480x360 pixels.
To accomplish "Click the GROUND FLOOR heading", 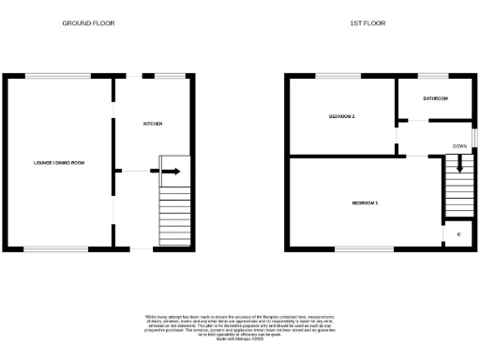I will click(88, 22).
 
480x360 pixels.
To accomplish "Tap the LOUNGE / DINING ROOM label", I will click(60, 163).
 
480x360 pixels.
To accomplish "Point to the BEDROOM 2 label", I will click(341, 116).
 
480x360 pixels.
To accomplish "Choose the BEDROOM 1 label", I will click(365, 202).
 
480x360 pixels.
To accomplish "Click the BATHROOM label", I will click(435, 98).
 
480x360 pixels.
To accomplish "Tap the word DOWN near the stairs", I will click(459, 147).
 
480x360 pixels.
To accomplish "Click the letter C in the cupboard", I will click(458, 233).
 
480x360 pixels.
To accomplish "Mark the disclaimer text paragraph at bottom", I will click(239, 327).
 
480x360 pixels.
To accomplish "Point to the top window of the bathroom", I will click(432, 76).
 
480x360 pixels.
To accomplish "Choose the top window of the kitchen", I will click(168, 76).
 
